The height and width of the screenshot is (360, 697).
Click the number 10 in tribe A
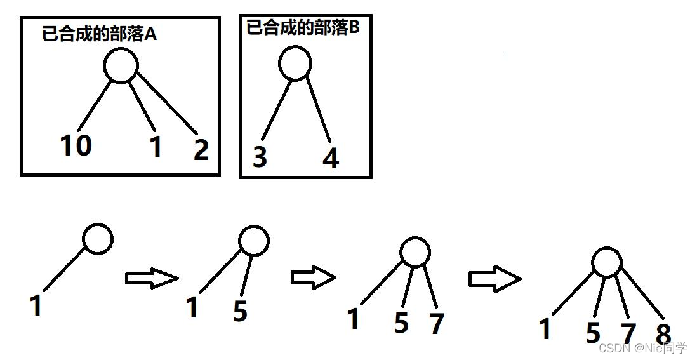76,145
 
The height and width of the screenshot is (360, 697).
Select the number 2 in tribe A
201,149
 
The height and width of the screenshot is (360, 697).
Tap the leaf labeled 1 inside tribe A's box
156,147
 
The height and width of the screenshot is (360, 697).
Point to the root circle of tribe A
121,66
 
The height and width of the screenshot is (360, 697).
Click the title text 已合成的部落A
99,34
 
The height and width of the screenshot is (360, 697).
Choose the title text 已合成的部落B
303,28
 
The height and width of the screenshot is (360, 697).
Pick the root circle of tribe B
295,63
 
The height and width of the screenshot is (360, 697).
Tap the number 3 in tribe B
260,157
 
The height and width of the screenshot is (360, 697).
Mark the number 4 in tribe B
331,157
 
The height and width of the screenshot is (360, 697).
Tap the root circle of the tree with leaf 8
606,262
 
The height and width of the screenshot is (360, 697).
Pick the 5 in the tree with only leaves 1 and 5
240,311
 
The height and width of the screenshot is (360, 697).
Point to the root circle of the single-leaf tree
98,239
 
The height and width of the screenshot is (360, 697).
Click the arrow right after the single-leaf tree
152,278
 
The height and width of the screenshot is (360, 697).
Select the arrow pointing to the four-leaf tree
495,278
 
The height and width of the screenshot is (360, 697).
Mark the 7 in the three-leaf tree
436,323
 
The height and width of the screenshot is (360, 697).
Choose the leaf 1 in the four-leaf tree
545,330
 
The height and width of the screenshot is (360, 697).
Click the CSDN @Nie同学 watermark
643,348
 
